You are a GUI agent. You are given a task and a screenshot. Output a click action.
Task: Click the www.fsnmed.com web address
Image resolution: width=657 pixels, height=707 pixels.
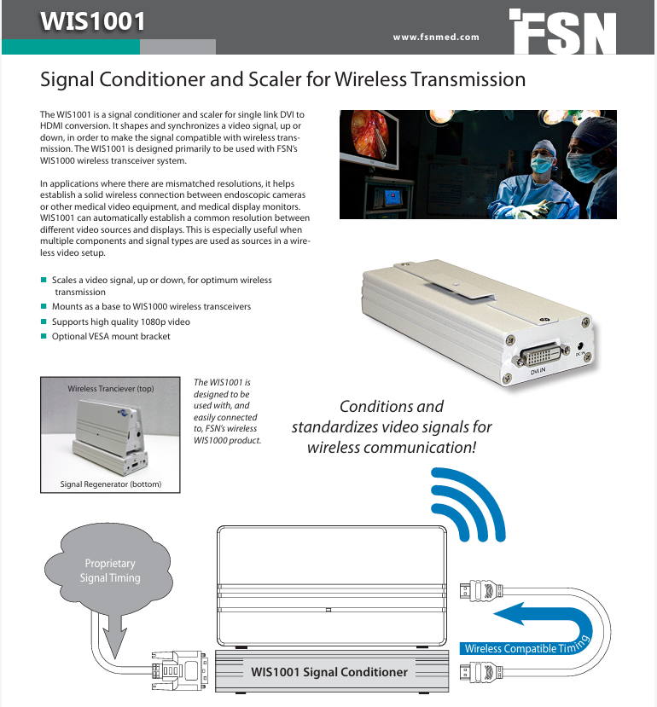pos(436,37)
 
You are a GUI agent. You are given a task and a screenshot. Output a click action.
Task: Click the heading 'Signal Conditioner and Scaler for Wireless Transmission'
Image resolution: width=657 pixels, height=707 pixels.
pos(282,80)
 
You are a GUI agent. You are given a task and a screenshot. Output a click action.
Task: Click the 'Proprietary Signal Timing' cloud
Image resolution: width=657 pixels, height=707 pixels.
pos(108,571)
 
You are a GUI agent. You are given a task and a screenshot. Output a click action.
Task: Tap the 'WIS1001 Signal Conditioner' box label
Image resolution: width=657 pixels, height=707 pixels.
pos(329,671)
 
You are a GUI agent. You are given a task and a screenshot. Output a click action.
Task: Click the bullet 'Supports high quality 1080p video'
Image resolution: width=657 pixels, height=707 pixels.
pos(120,322)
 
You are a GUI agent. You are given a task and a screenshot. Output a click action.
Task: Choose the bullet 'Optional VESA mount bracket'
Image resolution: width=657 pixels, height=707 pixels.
pos(111,336)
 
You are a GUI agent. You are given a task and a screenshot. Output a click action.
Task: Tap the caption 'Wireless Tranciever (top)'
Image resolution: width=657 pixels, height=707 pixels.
pos(111,389)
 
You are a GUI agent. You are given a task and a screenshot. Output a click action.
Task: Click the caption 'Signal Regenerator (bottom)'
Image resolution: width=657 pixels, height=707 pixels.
pos(110,484)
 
